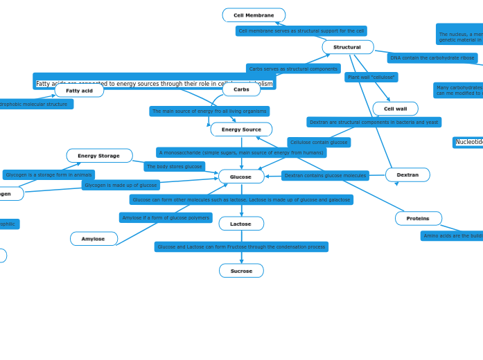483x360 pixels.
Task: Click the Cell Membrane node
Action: pos(254,15)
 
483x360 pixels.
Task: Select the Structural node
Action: pos(347,47)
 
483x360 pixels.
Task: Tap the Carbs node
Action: pos(241,89)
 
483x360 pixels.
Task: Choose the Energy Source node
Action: pos(241,129)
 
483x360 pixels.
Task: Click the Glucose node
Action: pos(241,177)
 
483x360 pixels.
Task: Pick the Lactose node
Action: pos(241,224)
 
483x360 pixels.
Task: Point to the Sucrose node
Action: pos(241,271)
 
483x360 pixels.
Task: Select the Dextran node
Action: pos(407,174)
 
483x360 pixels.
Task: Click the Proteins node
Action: pos(418,218)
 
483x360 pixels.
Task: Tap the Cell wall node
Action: pos(395,109)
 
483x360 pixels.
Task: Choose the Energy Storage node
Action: pos(99,156)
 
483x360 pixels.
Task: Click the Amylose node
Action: pos(94,239)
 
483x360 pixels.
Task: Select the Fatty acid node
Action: pos(79,91)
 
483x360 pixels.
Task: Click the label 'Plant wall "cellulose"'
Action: pos(371,78)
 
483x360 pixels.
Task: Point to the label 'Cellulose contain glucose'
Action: pos(319,143)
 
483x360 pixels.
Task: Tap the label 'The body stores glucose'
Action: pos(174,167)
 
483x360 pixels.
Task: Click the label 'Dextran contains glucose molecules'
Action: pos(325,176)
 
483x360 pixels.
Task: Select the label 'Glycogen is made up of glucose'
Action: pos(121,185)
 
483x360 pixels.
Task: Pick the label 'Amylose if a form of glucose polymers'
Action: pos(166,218)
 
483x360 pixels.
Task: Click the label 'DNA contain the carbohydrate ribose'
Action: pos(432,58)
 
